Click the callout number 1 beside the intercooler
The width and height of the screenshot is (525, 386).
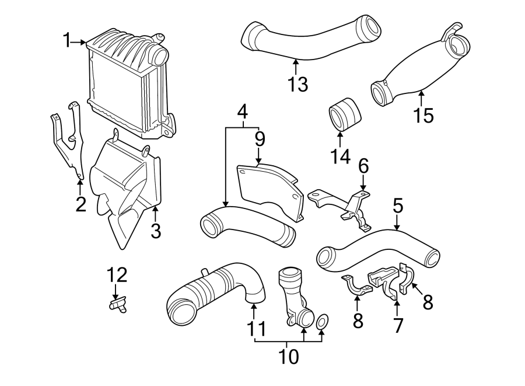(x=68, y=40)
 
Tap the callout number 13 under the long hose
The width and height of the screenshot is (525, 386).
(x=297, y=84)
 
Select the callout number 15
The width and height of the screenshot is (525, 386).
(x=424, y=115)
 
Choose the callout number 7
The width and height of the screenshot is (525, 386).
(x=398, y=324)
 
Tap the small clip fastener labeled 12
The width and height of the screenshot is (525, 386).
(x=118, y=304)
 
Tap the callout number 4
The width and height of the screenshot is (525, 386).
(x=242, y=112)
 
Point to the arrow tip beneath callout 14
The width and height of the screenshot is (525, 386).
(x=341, y=133)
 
